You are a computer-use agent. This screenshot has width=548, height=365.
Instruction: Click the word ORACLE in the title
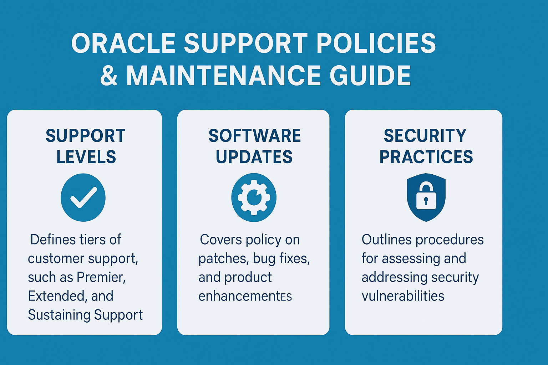pyautogui.click(x=123, y=43)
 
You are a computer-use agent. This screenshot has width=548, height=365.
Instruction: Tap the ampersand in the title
pyautogui.click(x=109, y=76)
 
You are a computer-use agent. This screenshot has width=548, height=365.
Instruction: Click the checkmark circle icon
pyautogui.click(x=83, y=197)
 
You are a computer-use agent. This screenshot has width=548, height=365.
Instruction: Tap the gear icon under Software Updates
pyautogui.click(x=254, y=197)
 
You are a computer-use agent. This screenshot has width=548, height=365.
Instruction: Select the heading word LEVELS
pyautogui.click(x=86, y=157)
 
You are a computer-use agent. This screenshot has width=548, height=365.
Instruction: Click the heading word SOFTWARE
pyautogui.click(x=254, y=136)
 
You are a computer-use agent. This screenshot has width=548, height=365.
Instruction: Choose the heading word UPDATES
pyautogui.click(x=254, y=157)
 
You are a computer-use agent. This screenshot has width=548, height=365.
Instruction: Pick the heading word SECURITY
pyautogui.click(x=425, y=136)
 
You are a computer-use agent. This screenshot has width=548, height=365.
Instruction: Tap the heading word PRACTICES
pyautogui.click(x=426, y=157)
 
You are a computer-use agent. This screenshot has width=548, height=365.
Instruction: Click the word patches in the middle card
pyautogui.click(x=222, y=258)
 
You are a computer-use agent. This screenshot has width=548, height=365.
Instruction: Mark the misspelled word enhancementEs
pyautogui.click(x=245, y=296)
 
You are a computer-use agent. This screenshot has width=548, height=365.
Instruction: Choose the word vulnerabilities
pyautogui.click(x=403, y=296)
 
